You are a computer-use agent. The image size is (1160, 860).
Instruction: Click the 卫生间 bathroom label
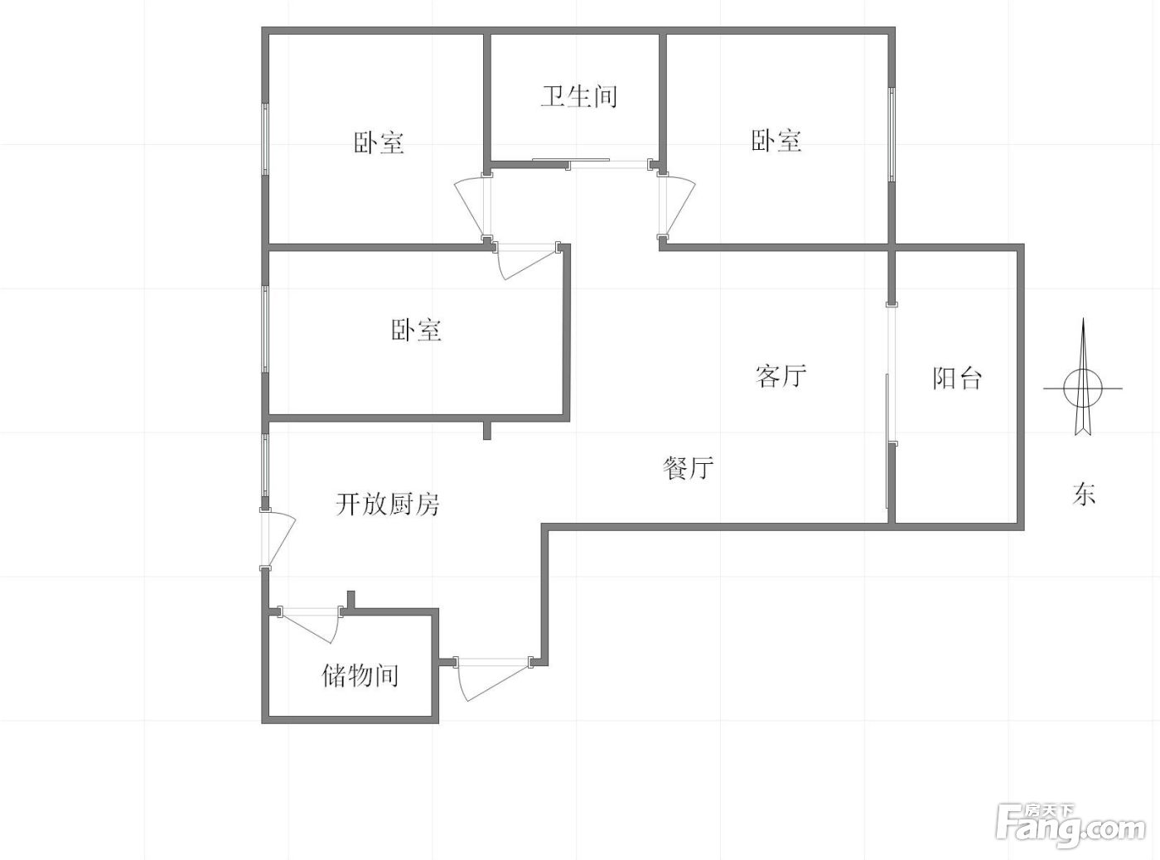[x=579, y=96]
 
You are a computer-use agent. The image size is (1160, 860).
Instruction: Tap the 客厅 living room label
[x=781, y=376]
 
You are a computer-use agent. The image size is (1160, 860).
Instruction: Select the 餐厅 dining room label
[x=688, y=468]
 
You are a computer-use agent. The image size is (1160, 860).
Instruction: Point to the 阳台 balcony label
[x=957, y=379]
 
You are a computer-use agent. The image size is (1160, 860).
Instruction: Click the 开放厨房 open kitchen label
[x=387, y=504]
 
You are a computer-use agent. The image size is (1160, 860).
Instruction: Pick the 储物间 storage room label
[x=360, y=675]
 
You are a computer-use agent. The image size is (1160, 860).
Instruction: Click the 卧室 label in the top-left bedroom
[x=379, y=143]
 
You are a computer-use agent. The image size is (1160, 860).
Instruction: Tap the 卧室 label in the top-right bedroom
[x=776, y=141]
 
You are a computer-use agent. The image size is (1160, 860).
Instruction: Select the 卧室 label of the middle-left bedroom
[x=416, y=331]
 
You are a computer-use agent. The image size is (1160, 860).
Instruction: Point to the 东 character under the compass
[x=1084, y=495]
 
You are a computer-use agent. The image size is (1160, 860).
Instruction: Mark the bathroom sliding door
[x=572, y=163]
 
